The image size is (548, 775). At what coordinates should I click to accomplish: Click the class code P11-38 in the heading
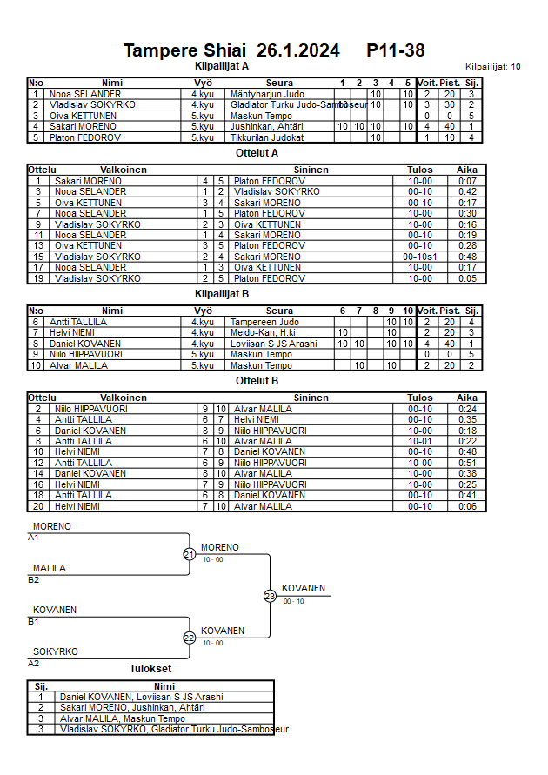(396, 50)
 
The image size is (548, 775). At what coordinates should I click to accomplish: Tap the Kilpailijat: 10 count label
(492, 67)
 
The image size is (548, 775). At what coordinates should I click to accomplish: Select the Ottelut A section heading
(257, 152)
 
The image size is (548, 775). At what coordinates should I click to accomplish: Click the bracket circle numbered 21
(190, 554)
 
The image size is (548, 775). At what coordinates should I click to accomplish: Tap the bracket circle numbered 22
(190, 638)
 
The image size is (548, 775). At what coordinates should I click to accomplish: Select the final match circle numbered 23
(270, 596)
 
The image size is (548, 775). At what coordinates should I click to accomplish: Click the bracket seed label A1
(34, 538)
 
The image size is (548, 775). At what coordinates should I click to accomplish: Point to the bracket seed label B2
(34, 579)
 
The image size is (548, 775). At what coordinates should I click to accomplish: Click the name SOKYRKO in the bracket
(56, 651)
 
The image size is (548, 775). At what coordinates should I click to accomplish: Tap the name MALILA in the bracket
(50, 568)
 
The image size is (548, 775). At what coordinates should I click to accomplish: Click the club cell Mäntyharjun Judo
(262, 94)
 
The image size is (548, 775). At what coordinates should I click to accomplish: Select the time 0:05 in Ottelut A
(467, 278)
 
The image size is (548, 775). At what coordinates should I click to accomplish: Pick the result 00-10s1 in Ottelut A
(419, 257)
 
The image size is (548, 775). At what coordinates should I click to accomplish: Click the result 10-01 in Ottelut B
(419, 441)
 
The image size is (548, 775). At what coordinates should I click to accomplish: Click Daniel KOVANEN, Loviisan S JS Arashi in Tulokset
(141, 697)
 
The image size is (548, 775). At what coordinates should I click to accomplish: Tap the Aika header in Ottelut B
(467, 398)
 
